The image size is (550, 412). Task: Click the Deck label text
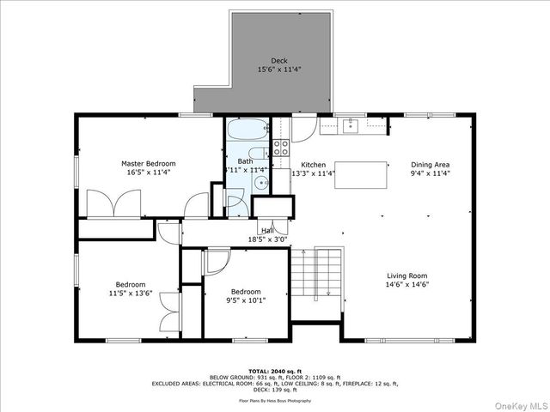pyautogui.click(x=279, y=60)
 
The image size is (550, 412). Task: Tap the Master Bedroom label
pyautogui.click(x=148, y=163)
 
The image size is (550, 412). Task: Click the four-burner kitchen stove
pyautogui.click(x=281, y=147)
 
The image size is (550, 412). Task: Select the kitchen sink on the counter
pyautogui.click(x=350, y=127)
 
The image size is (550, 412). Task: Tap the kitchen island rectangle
pyautogui.click(x=361, y=174)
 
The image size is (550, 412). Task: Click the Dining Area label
pyautogui.click(x=431, y=165)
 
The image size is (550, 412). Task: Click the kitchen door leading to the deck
pyautogui.click(x=302, y=129)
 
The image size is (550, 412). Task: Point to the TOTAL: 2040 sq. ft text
pyautogui.click(x=275, y=371)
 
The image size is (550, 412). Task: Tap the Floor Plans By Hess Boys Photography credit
pyautogui.click(x=275, y=400)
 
